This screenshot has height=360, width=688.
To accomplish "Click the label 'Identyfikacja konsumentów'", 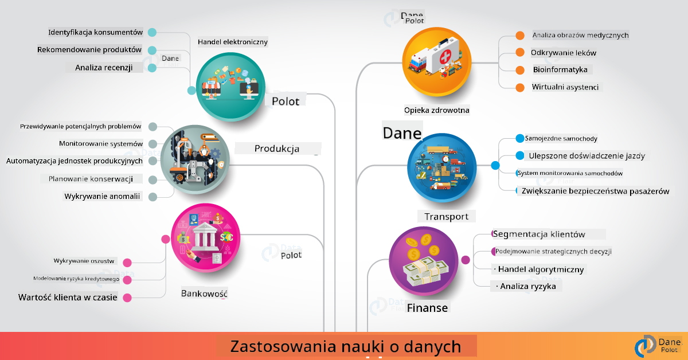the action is pos(96,32).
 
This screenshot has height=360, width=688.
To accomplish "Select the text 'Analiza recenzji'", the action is pos(104,68).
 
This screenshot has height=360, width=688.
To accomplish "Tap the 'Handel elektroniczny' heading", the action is pos(233,42).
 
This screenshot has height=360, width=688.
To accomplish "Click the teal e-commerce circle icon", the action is pos(230,87).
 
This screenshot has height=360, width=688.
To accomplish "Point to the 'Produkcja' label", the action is pos(277,148).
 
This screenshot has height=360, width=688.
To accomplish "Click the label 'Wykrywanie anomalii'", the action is pos(102,196).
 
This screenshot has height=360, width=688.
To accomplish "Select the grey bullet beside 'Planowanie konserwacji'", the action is pos(153,179).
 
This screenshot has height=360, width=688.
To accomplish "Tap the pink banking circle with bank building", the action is pos(205,238).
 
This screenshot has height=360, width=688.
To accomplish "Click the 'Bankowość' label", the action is pos(204,294).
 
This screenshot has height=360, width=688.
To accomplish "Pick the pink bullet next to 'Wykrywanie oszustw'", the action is pos(127,263).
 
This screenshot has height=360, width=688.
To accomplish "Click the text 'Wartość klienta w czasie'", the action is pos(68,298).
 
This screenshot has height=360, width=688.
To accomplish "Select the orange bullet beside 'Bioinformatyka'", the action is pos(520,70).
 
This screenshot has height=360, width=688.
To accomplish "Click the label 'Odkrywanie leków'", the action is pos(564,53).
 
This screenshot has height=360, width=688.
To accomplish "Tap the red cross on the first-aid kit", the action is pos(446,56).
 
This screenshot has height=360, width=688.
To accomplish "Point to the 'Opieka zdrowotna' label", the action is pos(436,110).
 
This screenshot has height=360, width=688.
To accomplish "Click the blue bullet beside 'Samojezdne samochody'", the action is pos(519,139).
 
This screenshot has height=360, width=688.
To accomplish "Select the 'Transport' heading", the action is pos(446,217).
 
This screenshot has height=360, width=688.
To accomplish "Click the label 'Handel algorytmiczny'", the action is pos(541,269).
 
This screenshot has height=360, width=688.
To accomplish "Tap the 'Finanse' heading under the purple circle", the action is pos(427,308).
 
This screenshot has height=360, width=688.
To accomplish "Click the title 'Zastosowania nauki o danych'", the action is pos(346,346).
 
